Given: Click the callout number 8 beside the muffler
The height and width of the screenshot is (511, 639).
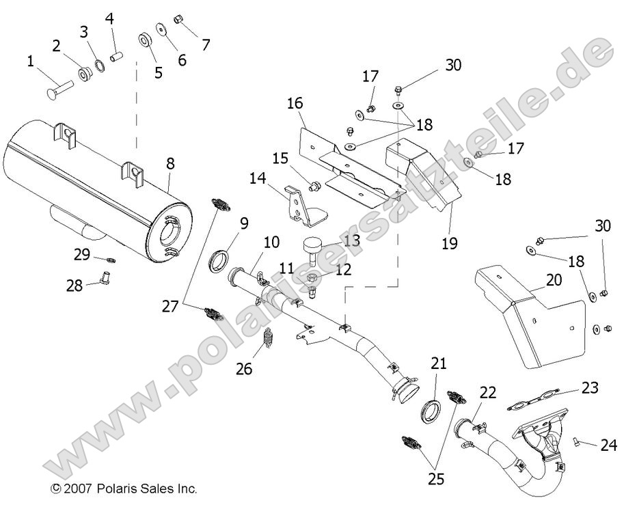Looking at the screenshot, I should (170, 163).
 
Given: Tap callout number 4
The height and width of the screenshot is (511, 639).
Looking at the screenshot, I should (109, 18).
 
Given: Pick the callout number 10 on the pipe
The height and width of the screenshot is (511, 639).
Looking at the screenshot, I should (271, 242).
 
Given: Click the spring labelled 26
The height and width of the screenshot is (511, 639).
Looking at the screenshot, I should (269, 338).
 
